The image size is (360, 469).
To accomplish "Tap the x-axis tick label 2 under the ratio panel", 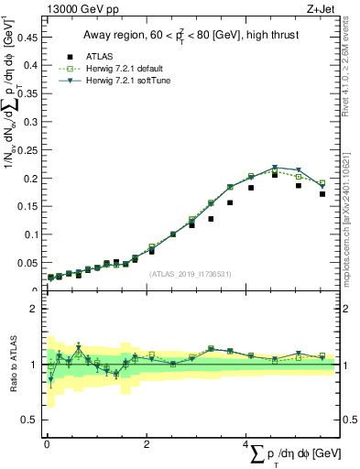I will tap(147, 442).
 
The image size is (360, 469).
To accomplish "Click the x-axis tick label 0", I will tap(45, 442).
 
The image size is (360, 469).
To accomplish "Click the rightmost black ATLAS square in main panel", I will tap(322, 194).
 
